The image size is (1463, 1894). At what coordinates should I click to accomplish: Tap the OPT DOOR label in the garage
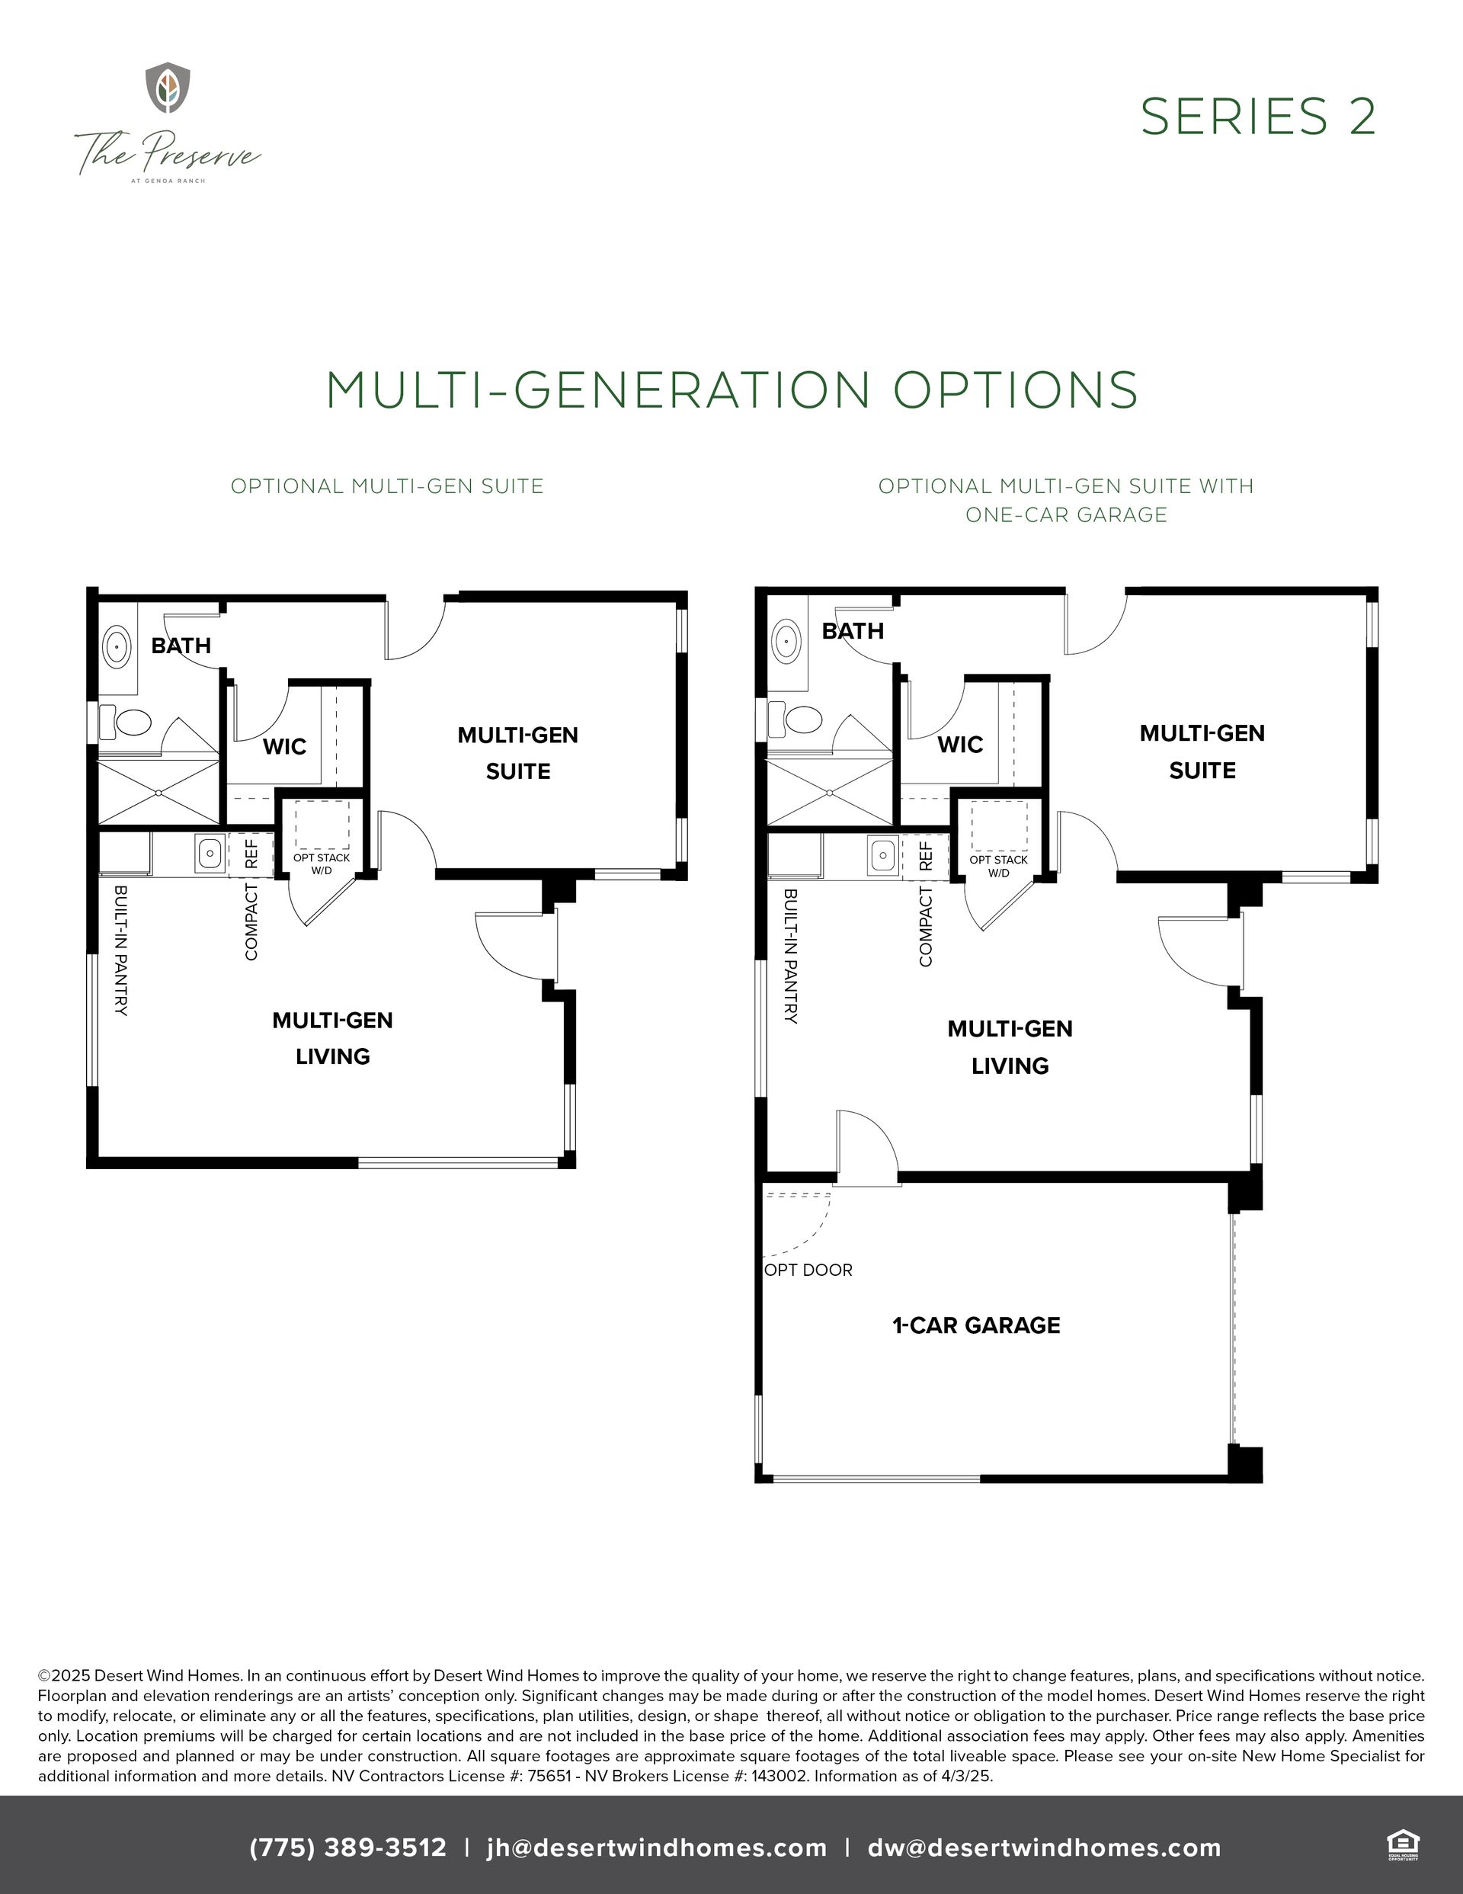point(808,1271)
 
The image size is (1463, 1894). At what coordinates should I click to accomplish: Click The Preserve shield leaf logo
point(168,87)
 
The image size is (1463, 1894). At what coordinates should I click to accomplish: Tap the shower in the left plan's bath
point(158,792)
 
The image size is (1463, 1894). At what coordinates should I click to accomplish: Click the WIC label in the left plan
point(284,747)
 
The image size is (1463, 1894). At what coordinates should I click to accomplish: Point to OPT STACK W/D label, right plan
point(998,866)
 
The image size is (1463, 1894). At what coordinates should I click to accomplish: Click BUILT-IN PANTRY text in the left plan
point(120,950)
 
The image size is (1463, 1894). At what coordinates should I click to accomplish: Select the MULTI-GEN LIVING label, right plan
point(1010,1046)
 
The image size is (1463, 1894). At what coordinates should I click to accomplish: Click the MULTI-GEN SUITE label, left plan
point(517,753)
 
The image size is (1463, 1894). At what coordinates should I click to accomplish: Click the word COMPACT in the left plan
point(251,921)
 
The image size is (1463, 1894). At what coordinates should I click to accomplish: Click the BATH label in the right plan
point(853,631)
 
